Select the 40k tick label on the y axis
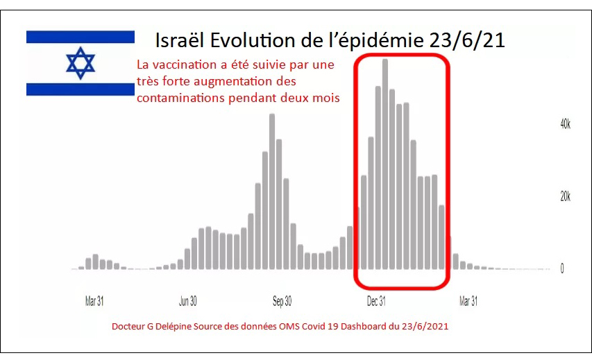566,124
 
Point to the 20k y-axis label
566,196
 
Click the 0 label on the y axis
562,269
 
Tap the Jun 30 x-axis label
188,302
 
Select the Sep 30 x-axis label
282,302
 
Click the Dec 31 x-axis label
376,302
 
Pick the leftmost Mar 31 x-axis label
94,302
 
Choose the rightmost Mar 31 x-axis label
468,302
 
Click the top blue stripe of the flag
81,36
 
